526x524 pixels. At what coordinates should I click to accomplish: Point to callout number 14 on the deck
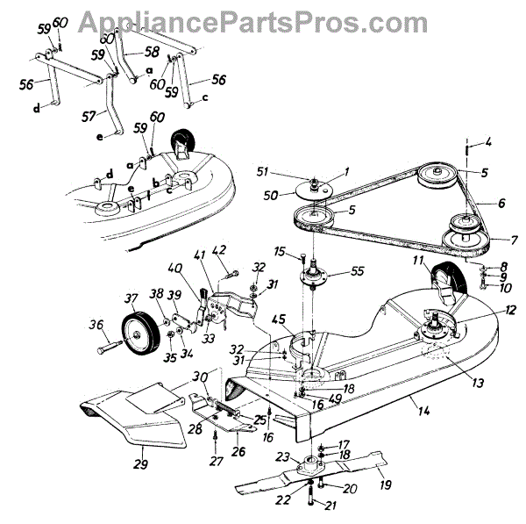pos(411,398)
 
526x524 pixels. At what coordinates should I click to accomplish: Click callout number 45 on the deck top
pos(279,319)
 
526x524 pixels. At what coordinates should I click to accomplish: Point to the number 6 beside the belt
pos(501,202)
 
